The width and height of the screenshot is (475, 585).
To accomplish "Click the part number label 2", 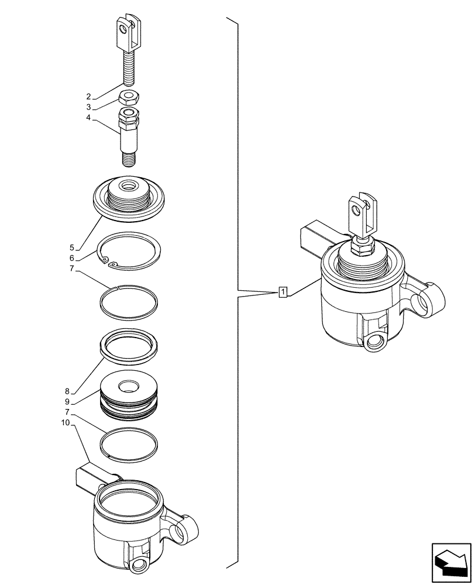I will [88, 97].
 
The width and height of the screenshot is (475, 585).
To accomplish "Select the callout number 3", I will [88, 108].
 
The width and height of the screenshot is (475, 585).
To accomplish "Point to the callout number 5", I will [71, 247].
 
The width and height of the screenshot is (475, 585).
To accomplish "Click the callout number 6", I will [71, 259].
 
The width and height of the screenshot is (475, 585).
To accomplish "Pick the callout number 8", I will [68, 391].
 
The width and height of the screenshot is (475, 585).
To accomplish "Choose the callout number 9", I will [68, 402].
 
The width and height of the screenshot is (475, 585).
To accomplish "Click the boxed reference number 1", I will [283, 291].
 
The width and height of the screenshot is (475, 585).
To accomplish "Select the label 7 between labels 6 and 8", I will [71, 269].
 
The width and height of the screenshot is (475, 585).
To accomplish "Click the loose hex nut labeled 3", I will [129, 97].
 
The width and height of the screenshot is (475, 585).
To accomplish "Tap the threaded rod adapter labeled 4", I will [128, 135].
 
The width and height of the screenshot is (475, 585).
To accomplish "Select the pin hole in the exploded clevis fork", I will [122, 27].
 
